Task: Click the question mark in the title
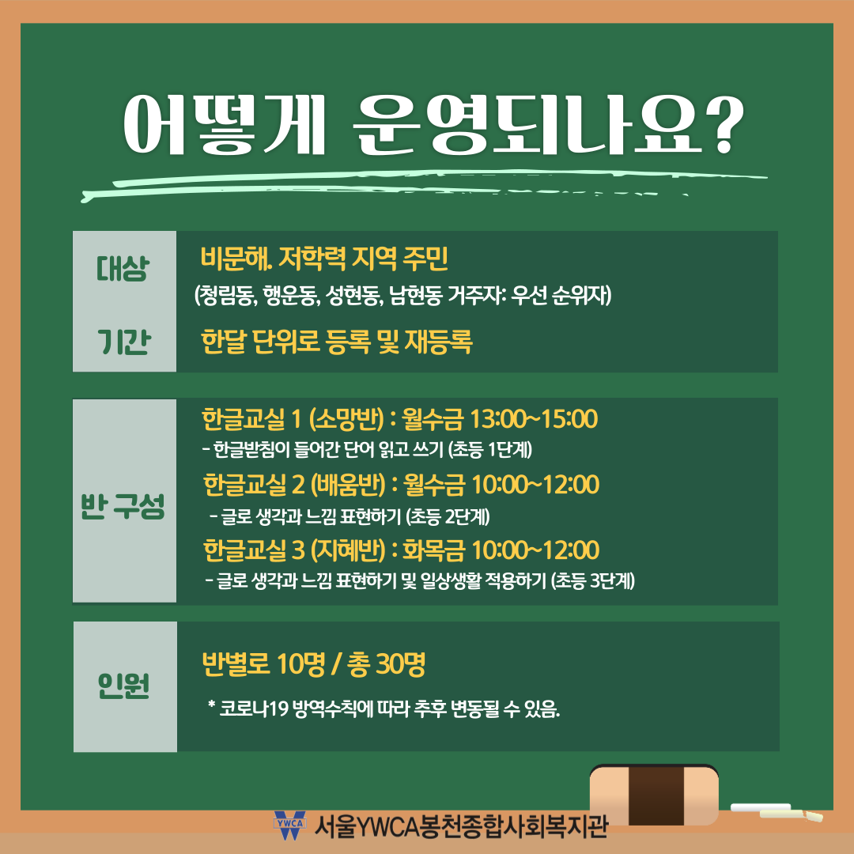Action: point(724,125)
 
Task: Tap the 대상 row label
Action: point(123,268)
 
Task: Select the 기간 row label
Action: point(123,342)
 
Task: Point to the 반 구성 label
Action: point(123,507)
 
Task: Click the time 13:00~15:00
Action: point(533,418)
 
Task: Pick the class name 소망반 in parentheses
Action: point(347,418)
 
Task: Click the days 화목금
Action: point(433,550)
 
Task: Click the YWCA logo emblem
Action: point(289,825)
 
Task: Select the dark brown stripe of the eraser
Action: point(657,795)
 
